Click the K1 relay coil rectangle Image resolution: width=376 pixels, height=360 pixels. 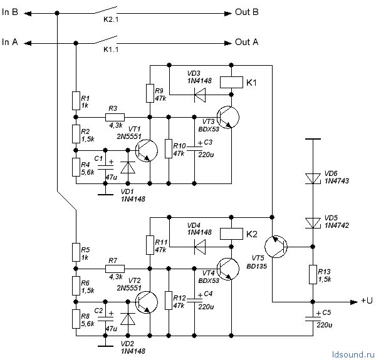coord(231,82)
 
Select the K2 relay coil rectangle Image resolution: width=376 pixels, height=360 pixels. coord(231,234)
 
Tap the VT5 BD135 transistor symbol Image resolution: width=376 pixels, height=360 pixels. coord(276,247)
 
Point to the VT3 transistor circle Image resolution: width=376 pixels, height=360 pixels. coord(227,117)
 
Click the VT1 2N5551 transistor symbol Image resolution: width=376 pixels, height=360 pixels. coord(146,151)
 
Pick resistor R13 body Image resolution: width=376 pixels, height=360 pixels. coord(313,274)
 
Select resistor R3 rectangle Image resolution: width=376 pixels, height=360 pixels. coord(115,117)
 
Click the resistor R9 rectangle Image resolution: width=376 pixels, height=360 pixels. coord(150,93)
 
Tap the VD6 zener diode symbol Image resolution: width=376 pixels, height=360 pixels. coord(313,178)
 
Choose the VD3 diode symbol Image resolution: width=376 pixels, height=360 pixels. coord(200,95)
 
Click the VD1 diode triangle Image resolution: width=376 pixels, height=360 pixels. coord(128,167)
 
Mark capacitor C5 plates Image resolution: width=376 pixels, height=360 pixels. coord(313,319)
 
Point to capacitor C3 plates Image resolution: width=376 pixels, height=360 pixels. coord(194,148)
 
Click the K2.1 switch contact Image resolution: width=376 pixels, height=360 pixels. coord(105,10)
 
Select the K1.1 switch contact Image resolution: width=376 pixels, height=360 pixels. coord(105,40)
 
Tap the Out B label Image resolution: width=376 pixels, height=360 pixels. coord(247,12)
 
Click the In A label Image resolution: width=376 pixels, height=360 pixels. coord(10,42)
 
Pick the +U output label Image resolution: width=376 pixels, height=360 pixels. coord(367,301)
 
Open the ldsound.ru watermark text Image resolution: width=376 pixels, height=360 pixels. coord(353,354)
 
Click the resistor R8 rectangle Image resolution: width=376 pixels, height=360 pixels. coord(76,319)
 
